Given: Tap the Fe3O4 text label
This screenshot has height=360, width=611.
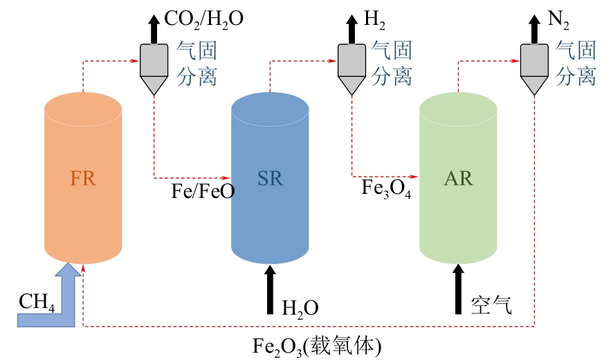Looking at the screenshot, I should [x=386, y=188].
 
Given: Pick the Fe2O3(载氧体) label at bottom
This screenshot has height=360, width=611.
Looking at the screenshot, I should [x=318, y=345].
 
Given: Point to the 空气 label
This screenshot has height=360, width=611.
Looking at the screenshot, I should [x=491, y=305].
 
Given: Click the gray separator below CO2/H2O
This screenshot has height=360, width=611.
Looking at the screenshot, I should [x=154, y=66].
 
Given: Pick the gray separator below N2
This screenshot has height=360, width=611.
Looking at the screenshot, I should [x=534, y=66].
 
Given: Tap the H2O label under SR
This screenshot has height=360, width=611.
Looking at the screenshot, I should [x=300, y=306].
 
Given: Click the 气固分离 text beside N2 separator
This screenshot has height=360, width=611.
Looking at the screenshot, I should [x=576, y=62].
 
